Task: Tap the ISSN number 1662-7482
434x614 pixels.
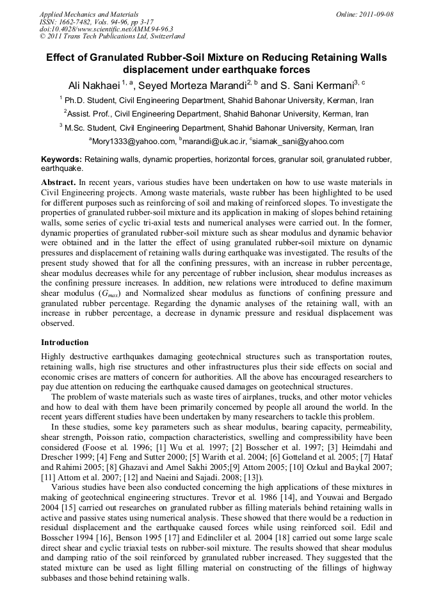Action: tap(78, 22)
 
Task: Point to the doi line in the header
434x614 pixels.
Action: tap(106, 29)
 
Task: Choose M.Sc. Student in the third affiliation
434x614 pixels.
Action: tap(95, 128)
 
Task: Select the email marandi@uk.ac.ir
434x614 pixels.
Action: tap(214, 141)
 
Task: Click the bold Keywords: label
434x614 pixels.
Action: tap(61, 159)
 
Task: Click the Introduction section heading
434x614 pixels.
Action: tap(65, 343)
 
